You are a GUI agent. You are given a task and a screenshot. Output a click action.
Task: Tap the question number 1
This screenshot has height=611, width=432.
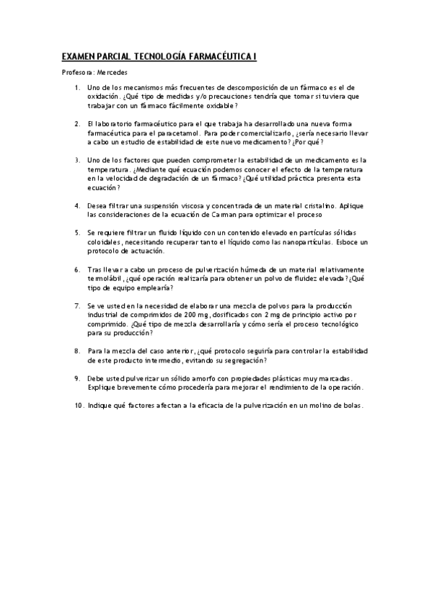[77, 87]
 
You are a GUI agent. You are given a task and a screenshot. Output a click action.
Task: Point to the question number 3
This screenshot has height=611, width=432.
[77, 159]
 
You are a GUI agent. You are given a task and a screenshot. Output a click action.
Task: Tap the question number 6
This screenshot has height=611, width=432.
[77, 269]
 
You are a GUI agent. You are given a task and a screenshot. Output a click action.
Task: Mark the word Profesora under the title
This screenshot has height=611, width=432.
[77, 73]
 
